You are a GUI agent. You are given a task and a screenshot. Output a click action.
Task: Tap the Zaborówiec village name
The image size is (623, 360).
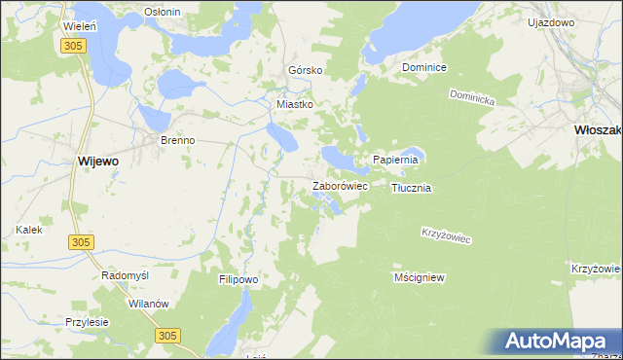click(339, 185)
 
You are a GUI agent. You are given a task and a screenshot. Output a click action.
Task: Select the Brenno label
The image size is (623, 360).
click(178, 140)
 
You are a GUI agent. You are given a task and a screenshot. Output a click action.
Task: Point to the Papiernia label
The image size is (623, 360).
click(395, 160)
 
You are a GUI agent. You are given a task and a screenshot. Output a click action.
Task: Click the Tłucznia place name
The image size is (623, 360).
click(411, 188)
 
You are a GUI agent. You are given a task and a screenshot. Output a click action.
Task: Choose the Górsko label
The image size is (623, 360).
click(305, 71)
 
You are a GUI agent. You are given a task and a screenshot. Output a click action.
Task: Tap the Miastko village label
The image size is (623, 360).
click(295, 104)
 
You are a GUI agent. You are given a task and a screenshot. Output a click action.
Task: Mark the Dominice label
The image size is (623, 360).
click(424, 68)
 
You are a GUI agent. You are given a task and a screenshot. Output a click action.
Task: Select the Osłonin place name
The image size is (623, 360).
click(162, 11)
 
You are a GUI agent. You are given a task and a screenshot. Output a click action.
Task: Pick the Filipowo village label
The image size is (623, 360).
click(238, 279)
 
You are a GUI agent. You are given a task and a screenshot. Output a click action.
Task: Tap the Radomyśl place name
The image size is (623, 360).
click(126, 275)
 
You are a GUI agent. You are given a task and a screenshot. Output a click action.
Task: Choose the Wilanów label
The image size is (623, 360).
click(149, 304)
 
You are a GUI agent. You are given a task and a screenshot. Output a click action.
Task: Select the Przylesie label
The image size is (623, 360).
click(87, 322)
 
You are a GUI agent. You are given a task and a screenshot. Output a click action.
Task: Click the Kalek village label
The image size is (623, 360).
click(28, 230)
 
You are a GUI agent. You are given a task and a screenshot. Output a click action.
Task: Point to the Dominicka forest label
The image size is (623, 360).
click(472, 98)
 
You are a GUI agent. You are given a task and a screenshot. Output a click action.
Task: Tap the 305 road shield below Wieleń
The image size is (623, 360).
click(71, 46)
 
